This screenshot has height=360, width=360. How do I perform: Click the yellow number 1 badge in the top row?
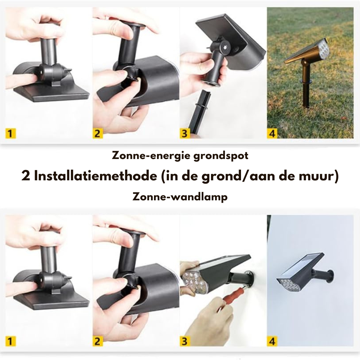[x=10, y=133]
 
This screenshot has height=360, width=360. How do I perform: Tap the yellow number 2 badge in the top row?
[x=98, y=133]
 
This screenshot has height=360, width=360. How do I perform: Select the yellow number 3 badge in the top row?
[x=185, y=133]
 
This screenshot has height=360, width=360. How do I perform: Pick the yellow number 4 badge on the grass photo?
[x=272, y=133]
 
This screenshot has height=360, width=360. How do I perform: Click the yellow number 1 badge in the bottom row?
[x=10, y=341]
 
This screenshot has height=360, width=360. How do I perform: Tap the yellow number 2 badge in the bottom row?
[x=98, y=341]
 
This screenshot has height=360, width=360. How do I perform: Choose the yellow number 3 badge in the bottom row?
[x=185, y=341]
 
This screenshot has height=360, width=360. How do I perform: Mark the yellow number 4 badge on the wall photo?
[x=272, y=341]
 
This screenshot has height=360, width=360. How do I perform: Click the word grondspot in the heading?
[x=221, y=156]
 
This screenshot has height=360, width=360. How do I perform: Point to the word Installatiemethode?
[x=95, y=176]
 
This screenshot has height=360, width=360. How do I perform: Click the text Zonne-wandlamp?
[x=180, y=197]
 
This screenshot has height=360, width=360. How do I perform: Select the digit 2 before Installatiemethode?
[x=26, y=176]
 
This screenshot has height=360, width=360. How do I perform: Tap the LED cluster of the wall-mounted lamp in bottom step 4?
[x=287, y=284]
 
